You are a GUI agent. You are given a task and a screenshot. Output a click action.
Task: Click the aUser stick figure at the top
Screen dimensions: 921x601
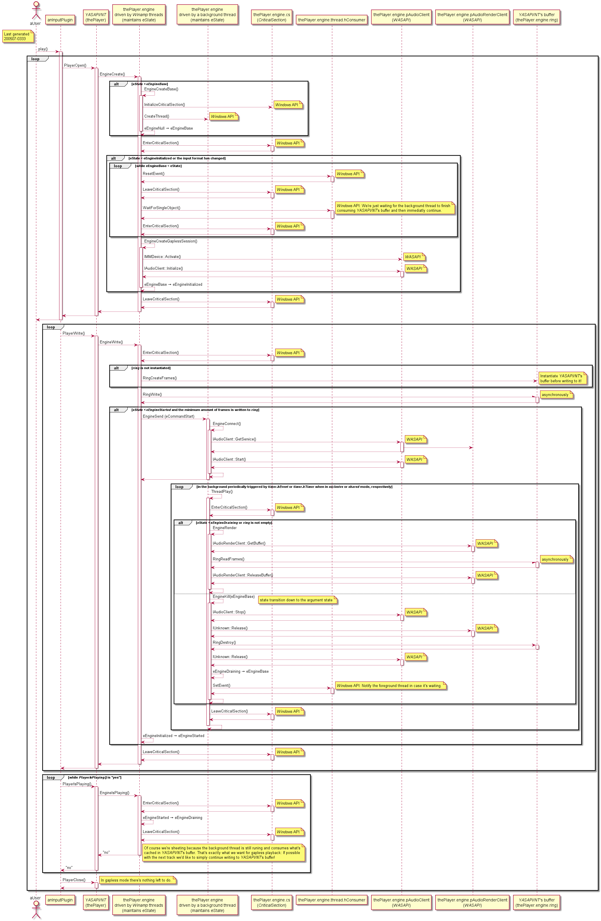(36, 11)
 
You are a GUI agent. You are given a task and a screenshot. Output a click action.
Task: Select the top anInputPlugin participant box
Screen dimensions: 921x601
(60, 20)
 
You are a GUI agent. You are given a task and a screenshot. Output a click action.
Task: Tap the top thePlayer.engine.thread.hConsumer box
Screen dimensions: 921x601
(331, 20)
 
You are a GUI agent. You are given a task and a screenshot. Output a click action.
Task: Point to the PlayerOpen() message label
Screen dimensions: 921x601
(75, 66)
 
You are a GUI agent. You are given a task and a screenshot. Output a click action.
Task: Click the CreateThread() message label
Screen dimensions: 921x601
(156, 116)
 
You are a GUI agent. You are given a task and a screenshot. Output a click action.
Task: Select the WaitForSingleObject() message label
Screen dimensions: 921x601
(162, 208)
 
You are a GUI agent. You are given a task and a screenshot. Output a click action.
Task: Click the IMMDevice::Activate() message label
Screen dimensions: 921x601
(162, 256)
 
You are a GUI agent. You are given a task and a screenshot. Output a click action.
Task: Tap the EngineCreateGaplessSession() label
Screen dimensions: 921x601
(170, 241)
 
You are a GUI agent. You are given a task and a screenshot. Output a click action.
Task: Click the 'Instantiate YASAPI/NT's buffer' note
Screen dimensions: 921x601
(562, 378)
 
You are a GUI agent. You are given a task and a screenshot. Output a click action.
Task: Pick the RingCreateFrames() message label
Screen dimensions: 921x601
(160, 378)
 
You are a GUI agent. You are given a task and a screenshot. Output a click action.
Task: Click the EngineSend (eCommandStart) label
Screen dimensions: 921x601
(168, 416)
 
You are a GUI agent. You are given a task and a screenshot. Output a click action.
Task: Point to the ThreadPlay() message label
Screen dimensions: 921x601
(222, 491)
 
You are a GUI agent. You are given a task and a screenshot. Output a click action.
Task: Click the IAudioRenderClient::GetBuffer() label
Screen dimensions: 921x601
(239, 543)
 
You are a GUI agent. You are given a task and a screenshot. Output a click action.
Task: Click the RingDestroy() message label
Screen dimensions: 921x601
(224, 642)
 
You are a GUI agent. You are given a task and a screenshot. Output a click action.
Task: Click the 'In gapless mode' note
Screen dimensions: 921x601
(137, 880)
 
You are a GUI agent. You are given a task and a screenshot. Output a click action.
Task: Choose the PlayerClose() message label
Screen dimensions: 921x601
(74, 880)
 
